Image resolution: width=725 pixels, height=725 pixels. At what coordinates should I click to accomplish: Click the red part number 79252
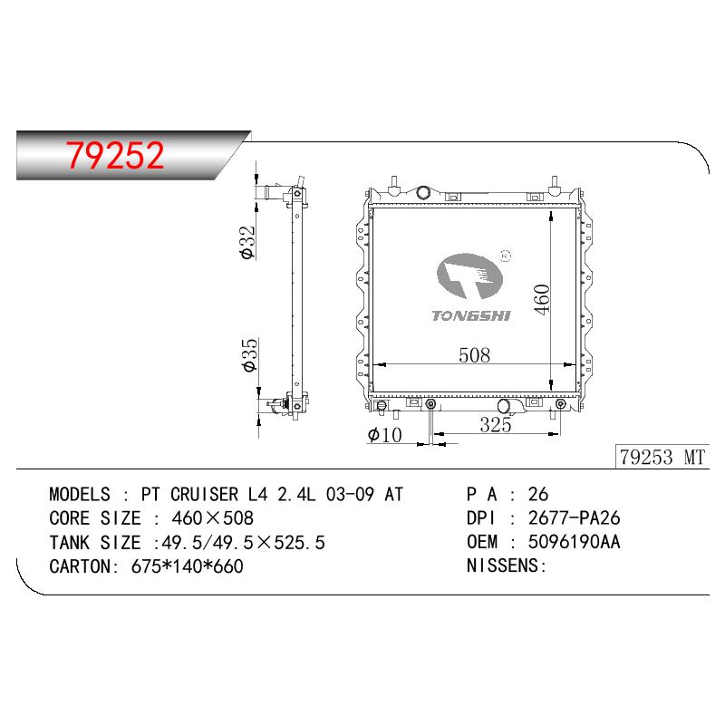click(115, 155)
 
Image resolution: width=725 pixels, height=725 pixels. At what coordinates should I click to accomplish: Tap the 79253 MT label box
click(662, 457)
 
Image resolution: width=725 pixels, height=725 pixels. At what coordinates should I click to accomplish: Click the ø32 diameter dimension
click(247, 242)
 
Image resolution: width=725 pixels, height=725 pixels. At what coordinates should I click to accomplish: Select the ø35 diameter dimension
click(248, 354)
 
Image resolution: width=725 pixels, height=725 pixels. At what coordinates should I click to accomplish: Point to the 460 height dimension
click(542, 300)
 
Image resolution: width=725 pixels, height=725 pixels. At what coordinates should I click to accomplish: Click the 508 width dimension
click(474, 355)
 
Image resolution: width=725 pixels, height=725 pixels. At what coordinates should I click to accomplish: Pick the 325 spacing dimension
click(496, 425)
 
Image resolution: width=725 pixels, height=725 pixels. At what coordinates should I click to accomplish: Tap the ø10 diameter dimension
click(384, 435)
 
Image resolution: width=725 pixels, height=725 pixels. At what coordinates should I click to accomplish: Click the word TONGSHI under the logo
click(471, 315)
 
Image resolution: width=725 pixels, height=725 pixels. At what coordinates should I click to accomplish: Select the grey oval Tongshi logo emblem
click(469, 276)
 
